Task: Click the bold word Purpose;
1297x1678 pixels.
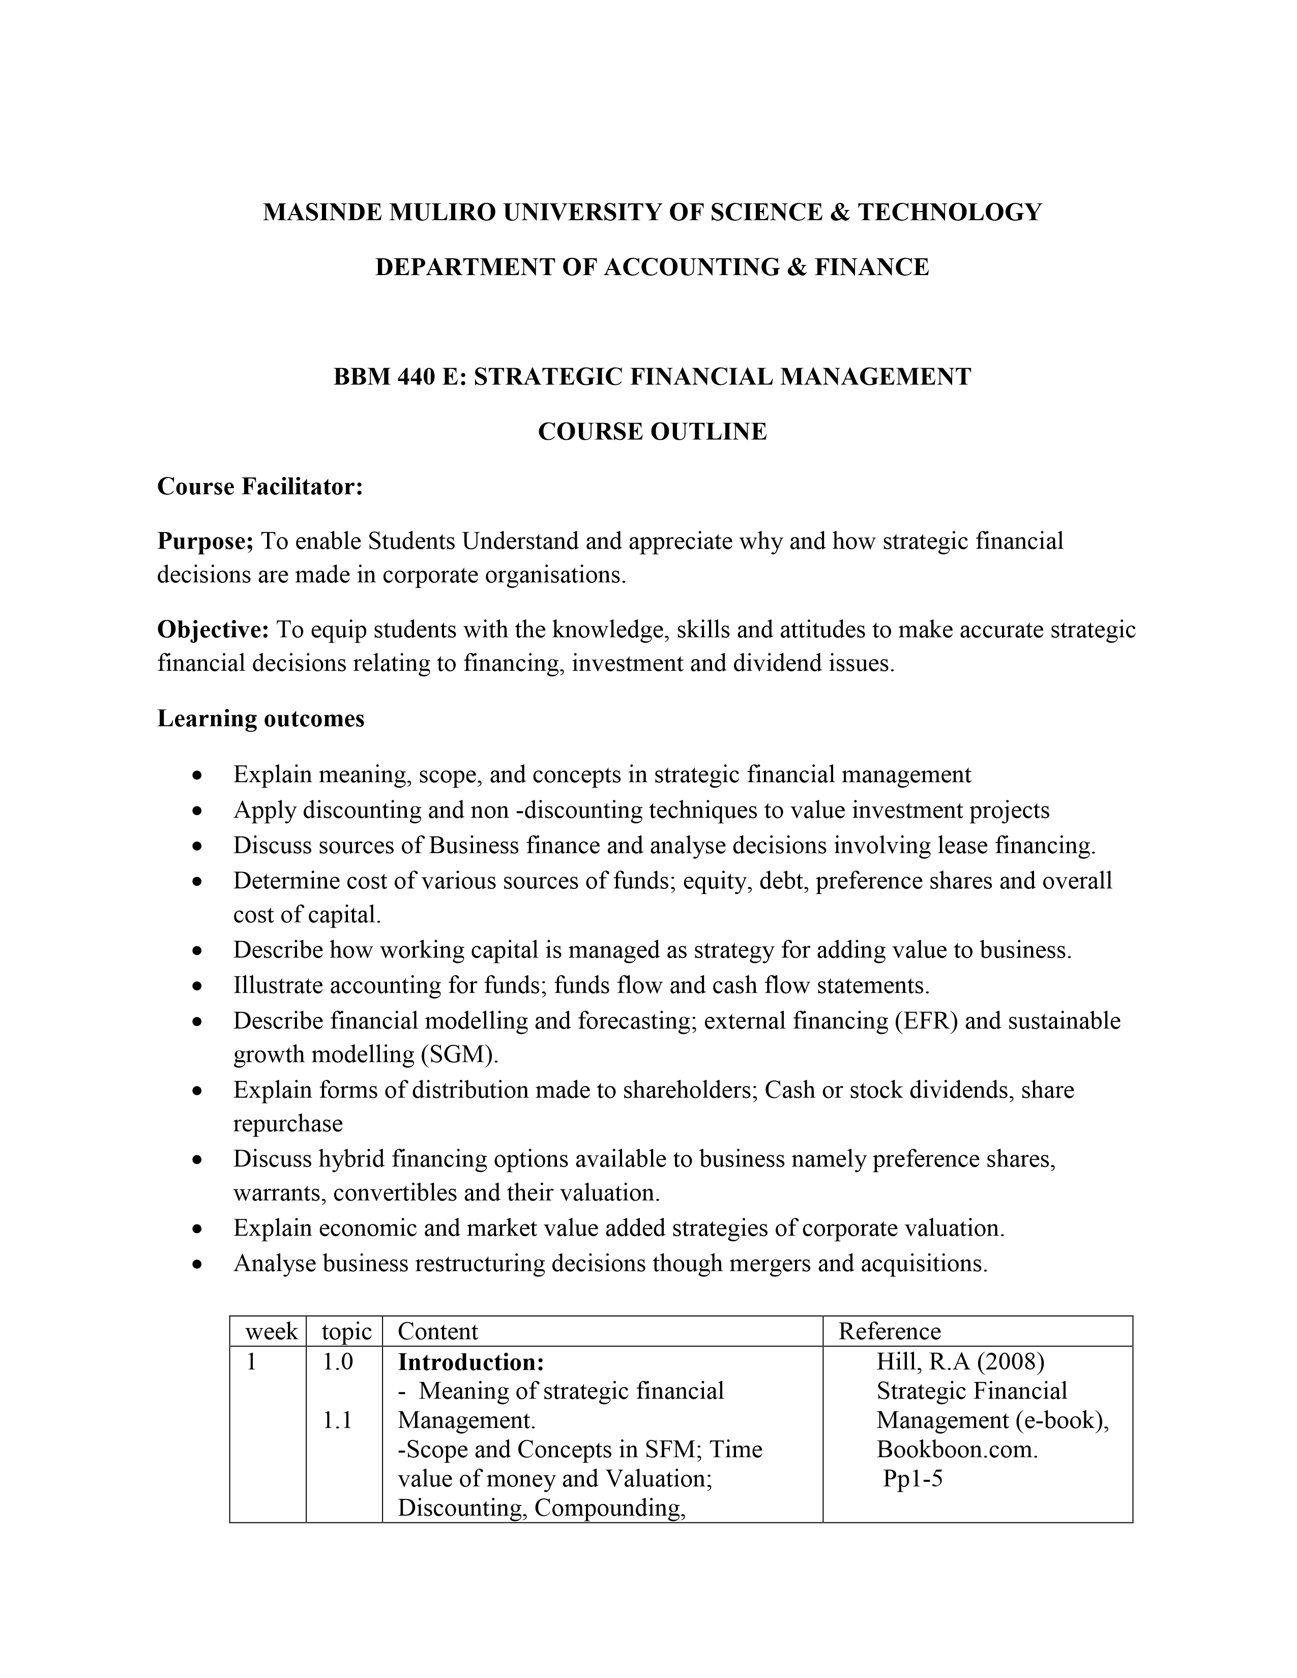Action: click(x=205, y=541)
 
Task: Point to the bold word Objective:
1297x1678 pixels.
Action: click(x=213, y=630)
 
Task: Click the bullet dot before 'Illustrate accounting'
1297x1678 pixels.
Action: click(x=198, y=986)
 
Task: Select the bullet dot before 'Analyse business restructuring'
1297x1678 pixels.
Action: click(x=198, y=1264)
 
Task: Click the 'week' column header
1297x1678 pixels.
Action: click(x=271, y=1332)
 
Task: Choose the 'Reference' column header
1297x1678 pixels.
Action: click(x=889, y=1332)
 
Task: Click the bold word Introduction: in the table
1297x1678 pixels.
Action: click(x=471, y=1362)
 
